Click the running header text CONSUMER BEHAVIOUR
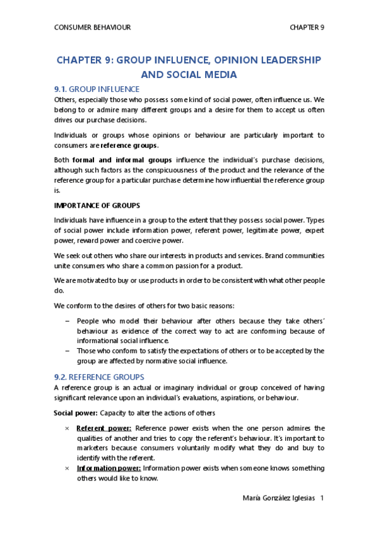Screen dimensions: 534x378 click(93, 27)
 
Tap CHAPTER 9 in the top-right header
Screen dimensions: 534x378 click(307, 27)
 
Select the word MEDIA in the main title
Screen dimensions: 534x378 click(220, 75)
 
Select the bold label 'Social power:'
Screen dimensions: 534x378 click(75, 412)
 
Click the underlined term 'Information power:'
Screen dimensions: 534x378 click(109, 468)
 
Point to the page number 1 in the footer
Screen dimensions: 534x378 click(322, 498)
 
